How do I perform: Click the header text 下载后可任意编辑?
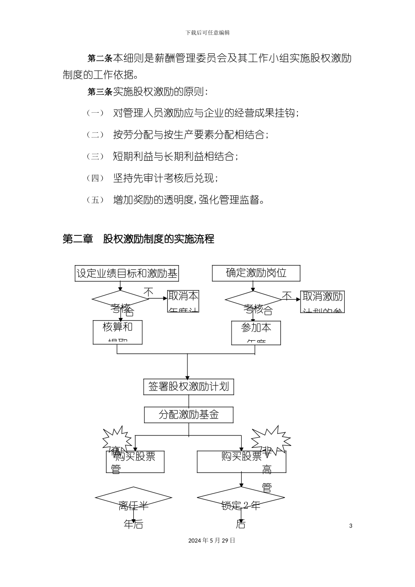click(207, 33)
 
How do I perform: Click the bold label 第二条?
click(100, 59)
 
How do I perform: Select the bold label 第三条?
click(100, 92)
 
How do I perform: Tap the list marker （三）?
click(95, 157)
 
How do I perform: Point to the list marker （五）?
click(95, 200)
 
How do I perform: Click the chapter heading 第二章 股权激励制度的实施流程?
click(138, 239)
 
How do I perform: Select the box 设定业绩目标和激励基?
click(127, 273)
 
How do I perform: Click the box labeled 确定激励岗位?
click(256, 273)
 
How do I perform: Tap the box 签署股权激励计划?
click(188, 387)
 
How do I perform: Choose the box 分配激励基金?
click(189, 414)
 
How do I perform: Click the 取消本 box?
click(183, 301)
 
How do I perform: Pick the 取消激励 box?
click(322, 301)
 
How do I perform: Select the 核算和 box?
click(118, 332)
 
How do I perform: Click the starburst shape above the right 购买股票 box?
click(271, 439)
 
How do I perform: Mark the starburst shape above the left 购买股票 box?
click(117, 439)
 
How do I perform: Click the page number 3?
click(351, 525)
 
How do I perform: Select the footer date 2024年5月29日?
click(212, 540)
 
